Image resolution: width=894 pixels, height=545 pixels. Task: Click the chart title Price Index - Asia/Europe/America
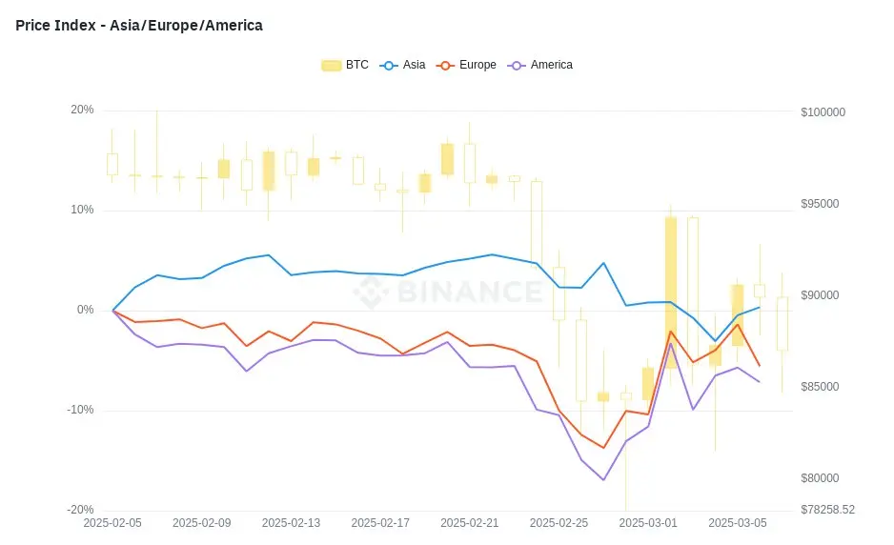tap(139, 26)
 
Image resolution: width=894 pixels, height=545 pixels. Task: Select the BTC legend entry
tap(345, 65)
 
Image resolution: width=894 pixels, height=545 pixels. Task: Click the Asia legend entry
tap(403, 65)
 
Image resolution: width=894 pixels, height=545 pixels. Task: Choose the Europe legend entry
tap(467, 65)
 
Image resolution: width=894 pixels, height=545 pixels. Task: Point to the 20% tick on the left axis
tap(82, 110)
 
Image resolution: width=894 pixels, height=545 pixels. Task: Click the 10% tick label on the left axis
tap(82, 210)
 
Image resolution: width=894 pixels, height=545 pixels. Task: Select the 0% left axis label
tap(85, 310)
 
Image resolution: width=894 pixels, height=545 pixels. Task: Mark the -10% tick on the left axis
tap(80, 410)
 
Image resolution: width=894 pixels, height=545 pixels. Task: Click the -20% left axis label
tap(80, 510)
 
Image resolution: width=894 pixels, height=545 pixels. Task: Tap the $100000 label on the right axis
tap(823, 112)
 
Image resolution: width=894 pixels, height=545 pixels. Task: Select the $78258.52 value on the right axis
tap(827, 510)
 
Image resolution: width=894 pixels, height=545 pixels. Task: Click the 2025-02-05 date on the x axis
tap(112, 523)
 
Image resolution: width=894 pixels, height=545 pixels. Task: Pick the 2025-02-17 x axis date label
tap(380, 523)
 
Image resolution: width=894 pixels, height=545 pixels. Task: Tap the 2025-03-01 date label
tap(648, 523)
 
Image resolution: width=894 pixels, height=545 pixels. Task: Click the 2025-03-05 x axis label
tap(737, 523)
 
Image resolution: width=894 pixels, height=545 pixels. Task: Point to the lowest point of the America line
tap(603, 479)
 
